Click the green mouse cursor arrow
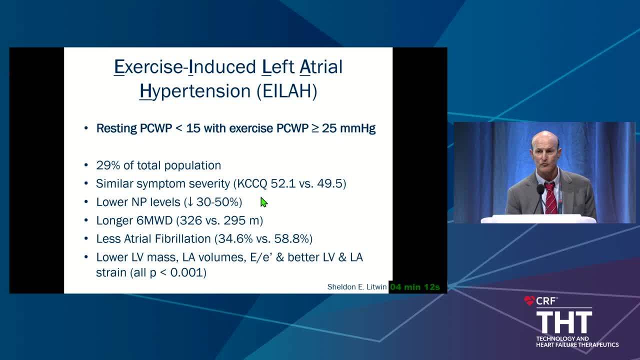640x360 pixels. click(263, 202)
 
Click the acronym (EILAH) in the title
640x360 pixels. click(287, 91)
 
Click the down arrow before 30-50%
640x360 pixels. click(190, 202)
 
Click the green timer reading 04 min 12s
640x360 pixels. click(415, 287)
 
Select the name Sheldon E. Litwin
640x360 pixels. click(356, 287)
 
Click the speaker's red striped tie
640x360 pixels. click(550, 197)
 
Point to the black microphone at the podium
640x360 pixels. click(539, 197)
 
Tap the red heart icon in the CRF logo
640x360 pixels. click(529, 300)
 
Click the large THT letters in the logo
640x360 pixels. click(564, 322)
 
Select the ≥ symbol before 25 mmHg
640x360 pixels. click(315, 128)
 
